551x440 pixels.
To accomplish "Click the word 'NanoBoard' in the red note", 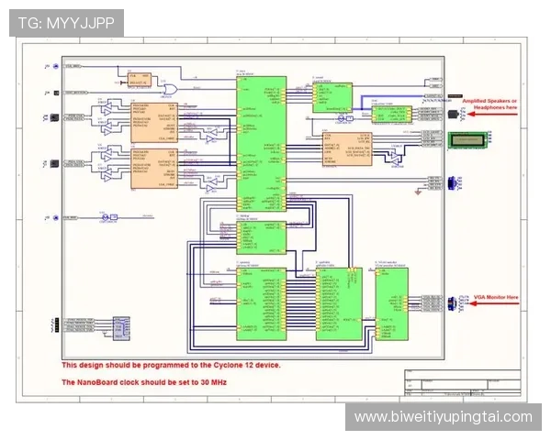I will [98, 381].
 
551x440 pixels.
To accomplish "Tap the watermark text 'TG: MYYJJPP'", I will [66, 23].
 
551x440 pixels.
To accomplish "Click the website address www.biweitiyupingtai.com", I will [443, 417].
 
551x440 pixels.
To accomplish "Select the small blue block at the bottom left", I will [119, 326].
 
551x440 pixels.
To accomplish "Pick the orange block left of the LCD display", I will [347, 148].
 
